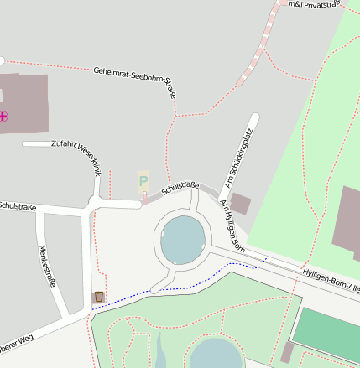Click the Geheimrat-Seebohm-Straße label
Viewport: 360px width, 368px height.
point(135,81)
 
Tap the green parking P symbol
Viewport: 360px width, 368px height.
point(143,180)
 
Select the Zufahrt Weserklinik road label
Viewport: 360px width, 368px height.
point(76,158)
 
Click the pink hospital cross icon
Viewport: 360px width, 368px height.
point(4,117)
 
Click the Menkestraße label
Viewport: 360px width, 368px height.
point(48,266)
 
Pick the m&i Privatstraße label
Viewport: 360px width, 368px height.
point(312,5)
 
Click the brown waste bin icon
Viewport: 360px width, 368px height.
point(99,297)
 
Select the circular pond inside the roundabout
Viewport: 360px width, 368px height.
point(183,239)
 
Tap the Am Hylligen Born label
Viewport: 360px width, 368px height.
point(232,226)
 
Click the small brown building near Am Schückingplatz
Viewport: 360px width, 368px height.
point(240,203)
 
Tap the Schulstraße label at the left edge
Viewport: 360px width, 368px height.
point(17,205)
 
